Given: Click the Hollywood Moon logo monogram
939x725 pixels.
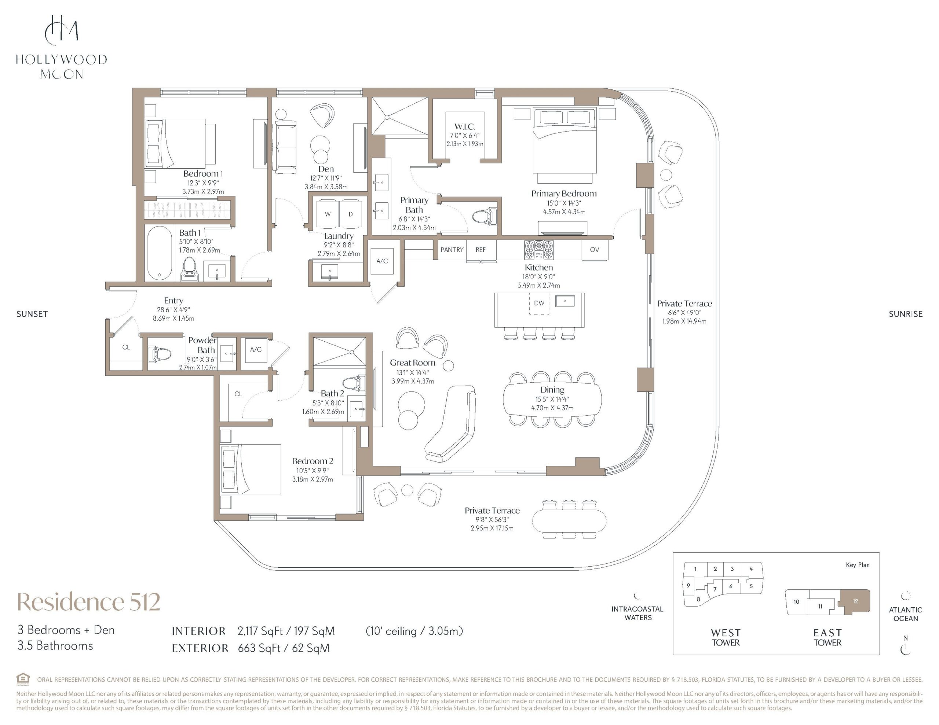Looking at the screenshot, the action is point(62,30).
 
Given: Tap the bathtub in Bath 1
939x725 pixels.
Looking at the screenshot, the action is point(160,253).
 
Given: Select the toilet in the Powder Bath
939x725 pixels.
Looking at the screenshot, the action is point(160,354).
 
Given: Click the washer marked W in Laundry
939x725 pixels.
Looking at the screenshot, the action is point(328,214).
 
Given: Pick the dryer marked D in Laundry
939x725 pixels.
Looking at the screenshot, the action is point(351,214).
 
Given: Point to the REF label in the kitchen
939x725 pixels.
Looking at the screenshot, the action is point(480,250).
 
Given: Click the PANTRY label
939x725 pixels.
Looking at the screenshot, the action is point(452,250).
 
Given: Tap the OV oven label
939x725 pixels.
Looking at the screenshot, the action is point(594,250).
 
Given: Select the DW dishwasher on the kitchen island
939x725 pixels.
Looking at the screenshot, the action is point(539,303).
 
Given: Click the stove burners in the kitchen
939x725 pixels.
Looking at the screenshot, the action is point(539,250).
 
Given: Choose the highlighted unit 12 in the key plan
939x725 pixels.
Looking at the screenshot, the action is point(854,601).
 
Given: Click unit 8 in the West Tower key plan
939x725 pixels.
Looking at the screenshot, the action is point(698,599).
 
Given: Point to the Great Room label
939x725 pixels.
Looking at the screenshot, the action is point(412,363).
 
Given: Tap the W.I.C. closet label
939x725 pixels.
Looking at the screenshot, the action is point(465,126).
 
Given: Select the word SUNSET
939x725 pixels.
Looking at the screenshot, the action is point(32,314).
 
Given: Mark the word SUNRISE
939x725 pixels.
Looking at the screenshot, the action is point(906,314).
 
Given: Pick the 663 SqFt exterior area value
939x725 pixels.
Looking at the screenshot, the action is point(259,648).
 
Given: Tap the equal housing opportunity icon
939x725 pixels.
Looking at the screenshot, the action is point(23,680).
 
